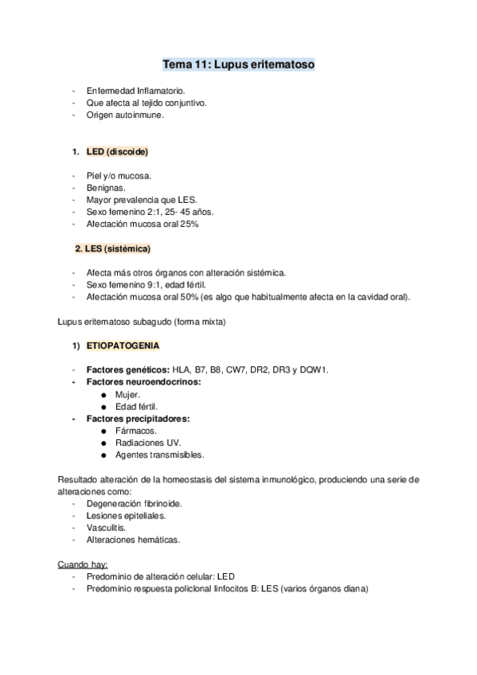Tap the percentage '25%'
(188, 224)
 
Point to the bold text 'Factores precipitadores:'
(132, 419)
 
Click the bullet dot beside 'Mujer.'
(106, 395)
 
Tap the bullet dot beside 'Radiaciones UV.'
(106, 443)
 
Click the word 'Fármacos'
(135, 431)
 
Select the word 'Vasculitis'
(105, 528)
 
